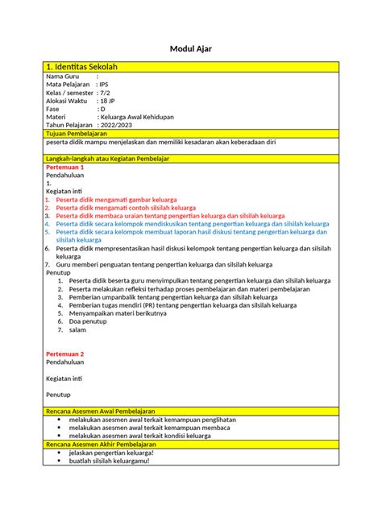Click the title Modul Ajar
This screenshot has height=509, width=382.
tap(190, 48)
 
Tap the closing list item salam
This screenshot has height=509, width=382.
tap(77, 329)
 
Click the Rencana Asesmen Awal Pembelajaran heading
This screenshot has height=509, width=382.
tap(100, 412)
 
